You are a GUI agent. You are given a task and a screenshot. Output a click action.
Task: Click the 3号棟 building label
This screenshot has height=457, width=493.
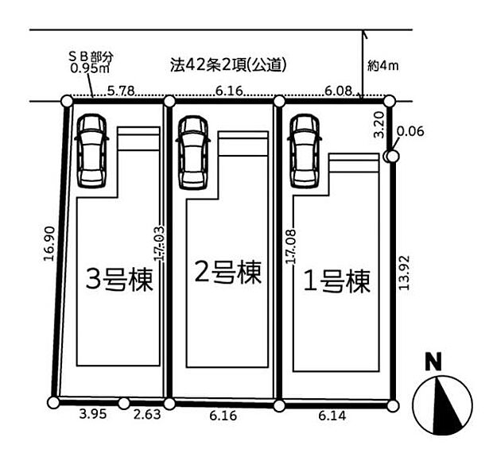119,280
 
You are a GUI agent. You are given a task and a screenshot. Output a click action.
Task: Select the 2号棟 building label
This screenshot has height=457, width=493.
228,273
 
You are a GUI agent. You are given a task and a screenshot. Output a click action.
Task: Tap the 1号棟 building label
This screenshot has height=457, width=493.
336,281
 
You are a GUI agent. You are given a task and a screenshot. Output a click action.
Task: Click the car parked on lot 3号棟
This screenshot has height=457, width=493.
91,151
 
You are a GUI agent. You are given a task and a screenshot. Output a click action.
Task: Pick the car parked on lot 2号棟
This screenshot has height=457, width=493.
193,153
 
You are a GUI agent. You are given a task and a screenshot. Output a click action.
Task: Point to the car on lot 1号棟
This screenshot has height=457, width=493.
305,151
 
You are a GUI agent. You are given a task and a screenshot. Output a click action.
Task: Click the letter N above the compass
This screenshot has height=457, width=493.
433,362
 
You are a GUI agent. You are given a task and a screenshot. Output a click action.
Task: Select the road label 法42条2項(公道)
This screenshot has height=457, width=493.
228,65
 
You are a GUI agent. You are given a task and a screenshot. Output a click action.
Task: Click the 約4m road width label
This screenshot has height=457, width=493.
383,66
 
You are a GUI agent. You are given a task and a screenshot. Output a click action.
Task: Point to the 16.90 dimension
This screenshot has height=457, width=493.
50,243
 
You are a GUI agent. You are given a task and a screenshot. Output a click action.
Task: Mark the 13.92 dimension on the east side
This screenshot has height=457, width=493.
404,273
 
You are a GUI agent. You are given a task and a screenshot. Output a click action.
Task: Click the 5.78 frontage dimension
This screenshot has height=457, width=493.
121,91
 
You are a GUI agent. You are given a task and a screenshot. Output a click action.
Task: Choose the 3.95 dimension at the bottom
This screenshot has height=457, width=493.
93,414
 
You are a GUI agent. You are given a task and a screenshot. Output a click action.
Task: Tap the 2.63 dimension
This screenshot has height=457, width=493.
147,415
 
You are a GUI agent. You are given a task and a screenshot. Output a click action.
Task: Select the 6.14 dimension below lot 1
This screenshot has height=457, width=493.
332,416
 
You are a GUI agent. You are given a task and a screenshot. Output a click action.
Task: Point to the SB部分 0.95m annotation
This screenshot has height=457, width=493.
91,62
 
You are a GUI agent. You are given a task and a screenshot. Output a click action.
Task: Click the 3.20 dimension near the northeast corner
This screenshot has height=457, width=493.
379,125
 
